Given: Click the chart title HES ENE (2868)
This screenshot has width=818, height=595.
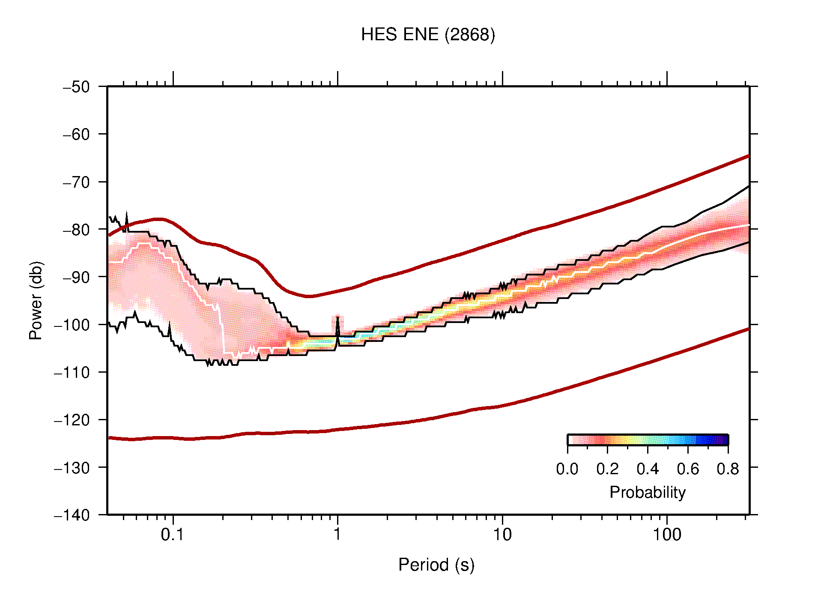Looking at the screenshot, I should (x=427, y=34).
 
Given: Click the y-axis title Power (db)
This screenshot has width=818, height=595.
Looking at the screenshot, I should (x=36, y=300).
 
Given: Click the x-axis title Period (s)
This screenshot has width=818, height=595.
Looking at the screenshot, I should (x=436, y=565).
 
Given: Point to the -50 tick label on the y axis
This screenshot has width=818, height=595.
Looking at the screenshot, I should (x=76, y=87).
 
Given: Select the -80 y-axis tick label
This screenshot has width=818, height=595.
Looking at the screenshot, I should (x=76, y=230).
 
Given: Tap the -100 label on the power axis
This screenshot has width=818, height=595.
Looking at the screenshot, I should (x=72, y=325).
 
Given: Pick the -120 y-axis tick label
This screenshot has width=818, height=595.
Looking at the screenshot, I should (x=72, y=420).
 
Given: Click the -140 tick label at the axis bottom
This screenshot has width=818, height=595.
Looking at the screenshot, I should (x=72, y=515).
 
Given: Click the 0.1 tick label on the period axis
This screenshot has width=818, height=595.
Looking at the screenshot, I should (x=172, y=535).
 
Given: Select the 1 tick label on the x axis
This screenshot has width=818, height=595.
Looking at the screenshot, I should (x=337, y=535).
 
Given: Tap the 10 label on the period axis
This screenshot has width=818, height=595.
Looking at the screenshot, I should (x=502, y=535).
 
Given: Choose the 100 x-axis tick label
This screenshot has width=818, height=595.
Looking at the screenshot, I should (x=667, y=535).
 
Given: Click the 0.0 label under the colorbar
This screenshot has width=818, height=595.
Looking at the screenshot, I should (x=567, y=469).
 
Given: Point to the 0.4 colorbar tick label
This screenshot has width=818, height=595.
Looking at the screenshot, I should (x=648, y=469).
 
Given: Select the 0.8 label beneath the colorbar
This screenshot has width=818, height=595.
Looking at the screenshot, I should (x=728, y=469).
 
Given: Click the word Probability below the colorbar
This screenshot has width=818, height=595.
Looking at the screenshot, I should (x=647, y=492).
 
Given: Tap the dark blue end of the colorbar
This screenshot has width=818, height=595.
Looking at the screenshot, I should (x=724, y=440).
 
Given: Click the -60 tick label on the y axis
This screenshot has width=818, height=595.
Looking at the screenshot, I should (x=76, y=135).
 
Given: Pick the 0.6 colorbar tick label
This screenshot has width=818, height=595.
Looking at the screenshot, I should (x=688, y=469).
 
